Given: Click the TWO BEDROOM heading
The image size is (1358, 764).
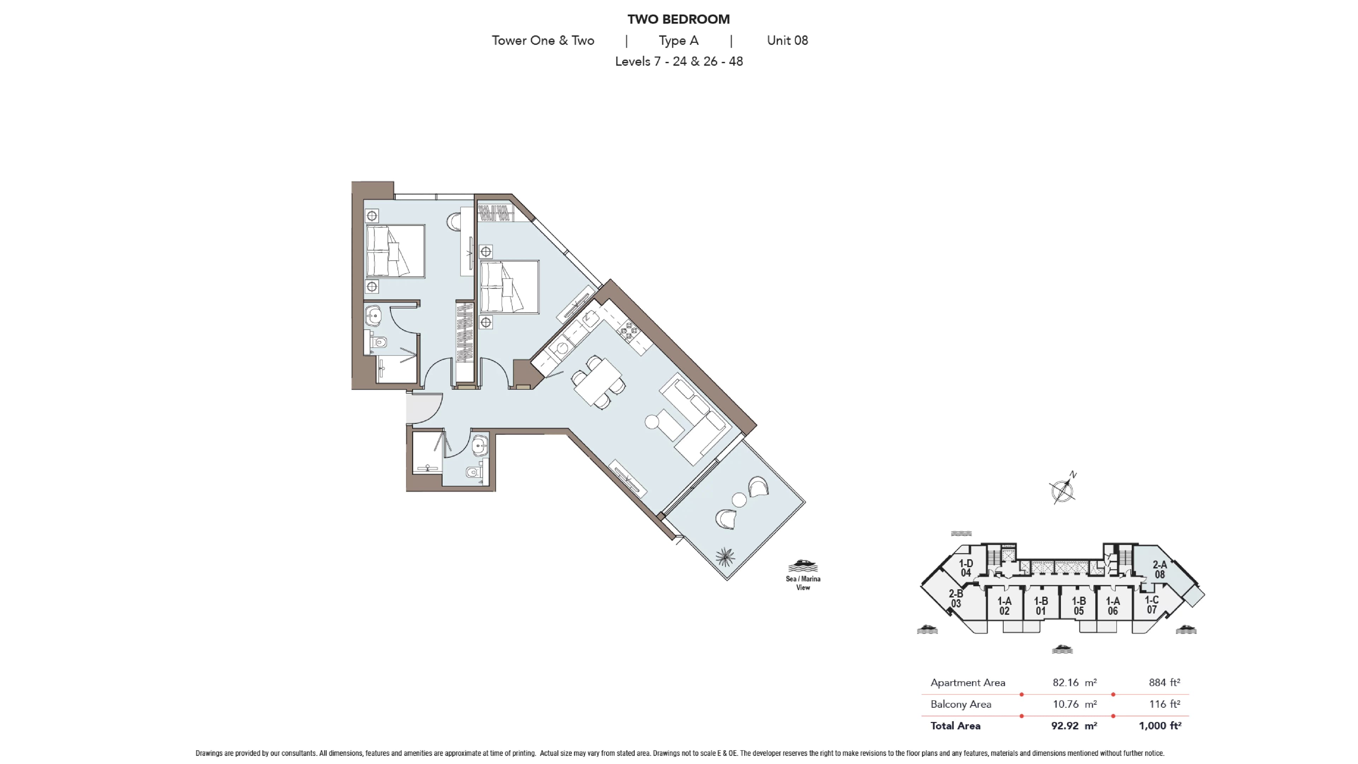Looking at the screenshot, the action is click(x=679, y=19).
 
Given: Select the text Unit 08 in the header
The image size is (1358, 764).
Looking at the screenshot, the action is click(x=787, y=41).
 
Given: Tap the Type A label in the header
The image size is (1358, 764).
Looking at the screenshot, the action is click(x=679, y=41).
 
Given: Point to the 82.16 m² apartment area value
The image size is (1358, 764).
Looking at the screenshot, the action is click(x=1074, y=682).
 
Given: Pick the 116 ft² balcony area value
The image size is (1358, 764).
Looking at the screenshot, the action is click(x=1165, y=704).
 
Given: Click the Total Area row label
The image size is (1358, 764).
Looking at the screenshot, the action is click(x=955, y=725).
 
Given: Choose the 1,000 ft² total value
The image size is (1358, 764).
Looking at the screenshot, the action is click(x=1160, y=725).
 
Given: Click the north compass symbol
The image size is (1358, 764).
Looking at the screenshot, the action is click(x=1062, y=489).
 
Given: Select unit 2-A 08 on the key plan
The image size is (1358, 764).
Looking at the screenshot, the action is click(x=1160, y=569).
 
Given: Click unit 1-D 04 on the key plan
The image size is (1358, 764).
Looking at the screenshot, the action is click(x=966, y=568).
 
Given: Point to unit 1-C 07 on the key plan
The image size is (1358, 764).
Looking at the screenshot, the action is click(x=1152, y=605).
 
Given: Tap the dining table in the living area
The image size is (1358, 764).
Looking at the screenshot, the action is click(x=598, y=383).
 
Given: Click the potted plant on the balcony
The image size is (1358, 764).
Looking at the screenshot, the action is click(x=725, y=557).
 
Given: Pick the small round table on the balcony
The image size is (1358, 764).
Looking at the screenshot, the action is click(x=739, y=500).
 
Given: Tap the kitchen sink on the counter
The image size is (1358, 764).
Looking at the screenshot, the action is click(x=589, y=319).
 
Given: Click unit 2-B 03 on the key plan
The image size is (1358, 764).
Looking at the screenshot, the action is click(x=956, y=598).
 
